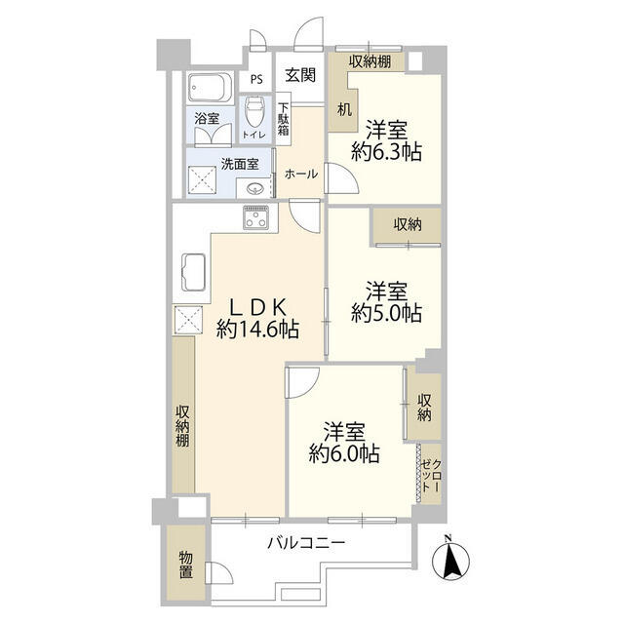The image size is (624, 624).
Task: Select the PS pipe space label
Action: (x=256, y=80)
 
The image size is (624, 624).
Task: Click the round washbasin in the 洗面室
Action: (x=255, y=188)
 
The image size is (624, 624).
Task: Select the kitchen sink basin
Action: (x=191, y=274)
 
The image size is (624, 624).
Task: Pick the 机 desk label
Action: (x=344, y=109)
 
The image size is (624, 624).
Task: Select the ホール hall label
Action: (x=300, y=174)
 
